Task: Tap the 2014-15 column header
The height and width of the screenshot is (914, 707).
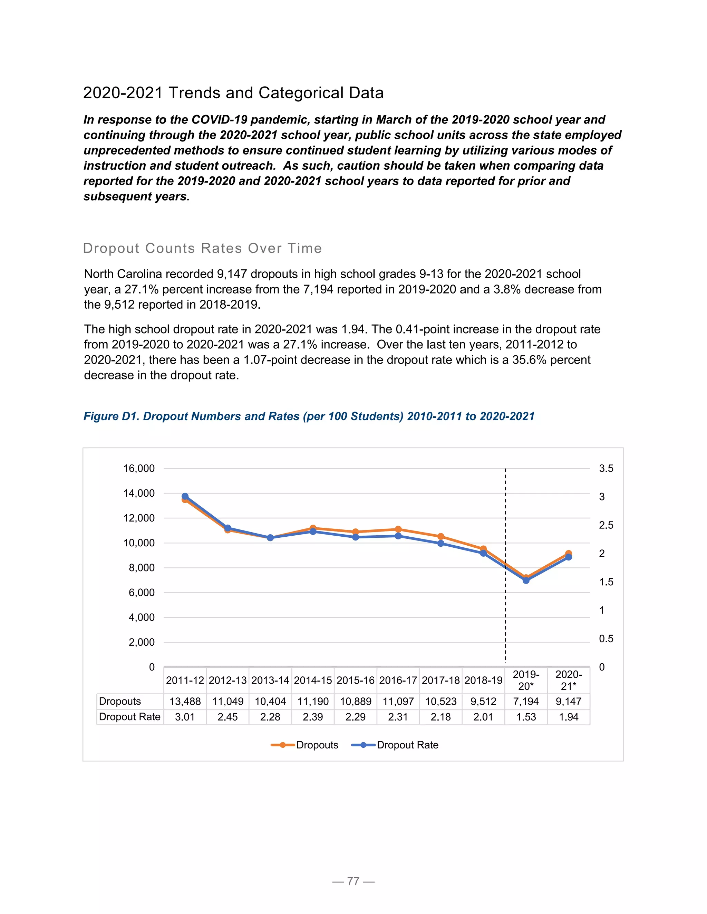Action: [313, 680]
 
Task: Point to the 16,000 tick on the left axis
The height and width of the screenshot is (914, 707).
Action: [139, 468]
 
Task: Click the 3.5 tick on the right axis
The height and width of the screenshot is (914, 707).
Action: [606, 468]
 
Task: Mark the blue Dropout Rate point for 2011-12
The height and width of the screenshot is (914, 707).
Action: [185, 496]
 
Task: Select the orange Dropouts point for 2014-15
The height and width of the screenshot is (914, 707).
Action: [313, 528]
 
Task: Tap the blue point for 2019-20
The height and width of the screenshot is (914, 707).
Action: [526, 580]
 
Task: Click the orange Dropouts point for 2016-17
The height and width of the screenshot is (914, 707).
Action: [398, 529]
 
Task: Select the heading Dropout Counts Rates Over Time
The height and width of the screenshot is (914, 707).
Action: [202, 248]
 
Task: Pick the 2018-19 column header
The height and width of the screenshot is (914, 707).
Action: [483, 680]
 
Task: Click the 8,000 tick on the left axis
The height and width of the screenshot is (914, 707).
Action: [142, 568]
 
